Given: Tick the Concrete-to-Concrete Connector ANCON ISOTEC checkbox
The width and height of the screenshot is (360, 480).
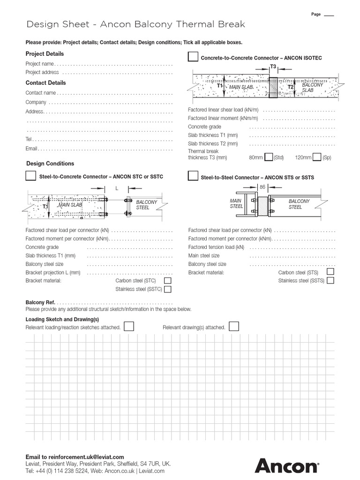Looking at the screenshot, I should point(193,57).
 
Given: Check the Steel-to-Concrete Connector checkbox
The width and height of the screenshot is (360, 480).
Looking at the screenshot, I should point(30,176).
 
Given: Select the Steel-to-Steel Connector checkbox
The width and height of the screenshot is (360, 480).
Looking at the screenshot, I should point(193,176).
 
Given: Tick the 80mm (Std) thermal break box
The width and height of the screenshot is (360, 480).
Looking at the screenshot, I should point(269,157).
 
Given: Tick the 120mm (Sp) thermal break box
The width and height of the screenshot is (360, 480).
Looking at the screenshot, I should point(317,157).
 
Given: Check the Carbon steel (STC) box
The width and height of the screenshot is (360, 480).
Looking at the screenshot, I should point(167,280).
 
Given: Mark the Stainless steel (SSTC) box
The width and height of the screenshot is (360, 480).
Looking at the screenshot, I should point(167,289).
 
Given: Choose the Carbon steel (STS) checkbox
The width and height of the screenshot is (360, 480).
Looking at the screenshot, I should point(330,272).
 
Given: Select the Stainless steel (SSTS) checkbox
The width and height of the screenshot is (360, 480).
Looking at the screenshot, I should point(330,280).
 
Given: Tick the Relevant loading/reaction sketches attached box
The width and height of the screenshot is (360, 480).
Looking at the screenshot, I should point(129,326).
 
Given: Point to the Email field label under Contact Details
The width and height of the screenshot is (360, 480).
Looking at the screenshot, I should point(31,149).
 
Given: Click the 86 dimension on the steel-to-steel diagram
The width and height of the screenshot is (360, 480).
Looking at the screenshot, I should point(262,187).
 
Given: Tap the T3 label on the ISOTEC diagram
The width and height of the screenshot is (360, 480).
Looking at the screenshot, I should point(273,67).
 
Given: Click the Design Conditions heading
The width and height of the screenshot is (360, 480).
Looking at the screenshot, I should point(50,164).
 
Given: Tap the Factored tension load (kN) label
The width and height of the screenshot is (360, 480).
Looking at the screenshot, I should point(216,247).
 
